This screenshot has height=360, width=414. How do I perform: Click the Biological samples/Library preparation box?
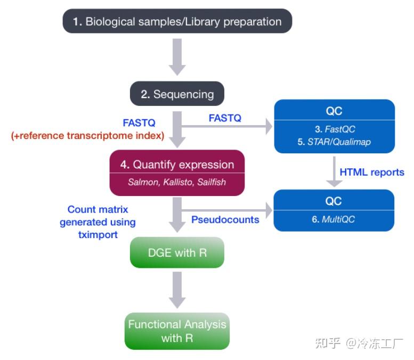tap(177, 22)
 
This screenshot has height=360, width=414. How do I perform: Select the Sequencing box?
tap(177, 94)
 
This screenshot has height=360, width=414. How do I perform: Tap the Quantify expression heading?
tap(177, 165)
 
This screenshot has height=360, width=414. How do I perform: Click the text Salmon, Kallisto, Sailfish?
tap(177, 182)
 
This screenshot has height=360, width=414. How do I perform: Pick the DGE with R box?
tap(177, 252)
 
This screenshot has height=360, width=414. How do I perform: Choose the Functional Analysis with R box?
tap(177, 331)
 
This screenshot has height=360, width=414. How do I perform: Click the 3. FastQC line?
tap(334, 129)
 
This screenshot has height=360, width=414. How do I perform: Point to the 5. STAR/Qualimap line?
tap(334, 142)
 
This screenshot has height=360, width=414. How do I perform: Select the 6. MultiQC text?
tap(334, 219)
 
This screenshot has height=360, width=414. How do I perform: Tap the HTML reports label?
tap(371, 172)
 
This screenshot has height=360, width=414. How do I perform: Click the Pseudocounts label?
tap(225, 219)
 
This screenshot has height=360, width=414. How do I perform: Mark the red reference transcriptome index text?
tap(87, 135)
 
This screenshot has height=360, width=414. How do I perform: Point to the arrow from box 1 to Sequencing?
tap(177, 56)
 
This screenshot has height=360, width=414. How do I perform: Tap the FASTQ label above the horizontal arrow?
tap(225, 118)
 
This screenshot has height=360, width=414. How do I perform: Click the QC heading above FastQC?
tap(334, 111)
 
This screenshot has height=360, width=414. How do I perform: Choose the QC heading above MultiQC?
tap(334, 201)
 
